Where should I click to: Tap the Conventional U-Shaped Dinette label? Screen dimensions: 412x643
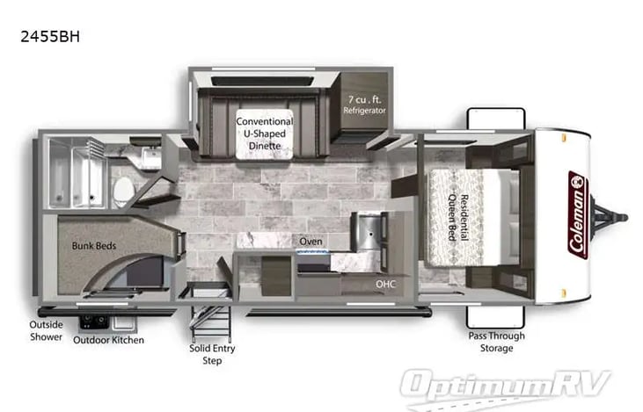point(264,133)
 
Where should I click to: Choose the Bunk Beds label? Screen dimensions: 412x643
point(94,245)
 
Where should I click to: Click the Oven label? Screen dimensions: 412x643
point(310,241)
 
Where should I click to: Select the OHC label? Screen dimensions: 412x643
point(386,284)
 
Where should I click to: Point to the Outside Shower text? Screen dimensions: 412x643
point(46,330)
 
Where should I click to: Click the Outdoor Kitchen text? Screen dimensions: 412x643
point(108,340)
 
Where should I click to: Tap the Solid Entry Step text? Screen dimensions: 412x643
point(205,353)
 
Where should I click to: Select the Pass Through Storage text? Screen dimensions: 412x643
point(496,342)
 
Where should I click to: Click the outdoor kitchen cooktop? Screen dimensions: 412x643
point(94,321)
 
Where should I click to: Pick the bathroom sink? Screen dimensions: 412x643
point(150,159)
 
